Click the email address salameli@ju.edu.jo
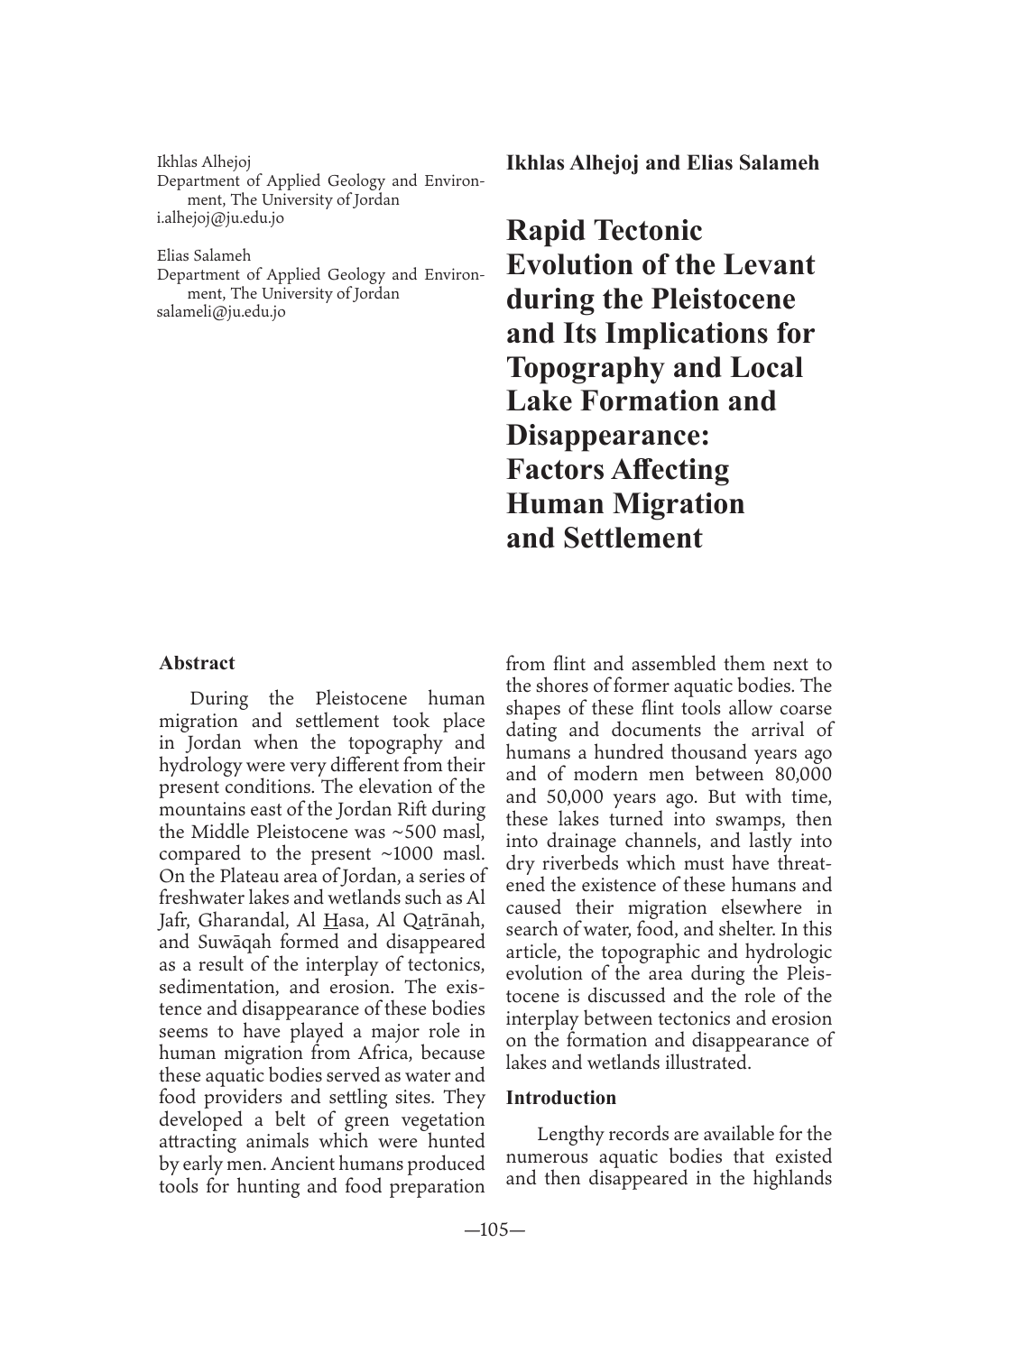(221, 312)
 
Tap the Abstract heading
(197, 664)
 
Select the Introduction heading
(561, 1098)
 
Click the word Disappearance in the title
(606, 436)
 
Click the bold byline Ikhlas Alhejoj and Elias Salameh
(662, 163)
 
